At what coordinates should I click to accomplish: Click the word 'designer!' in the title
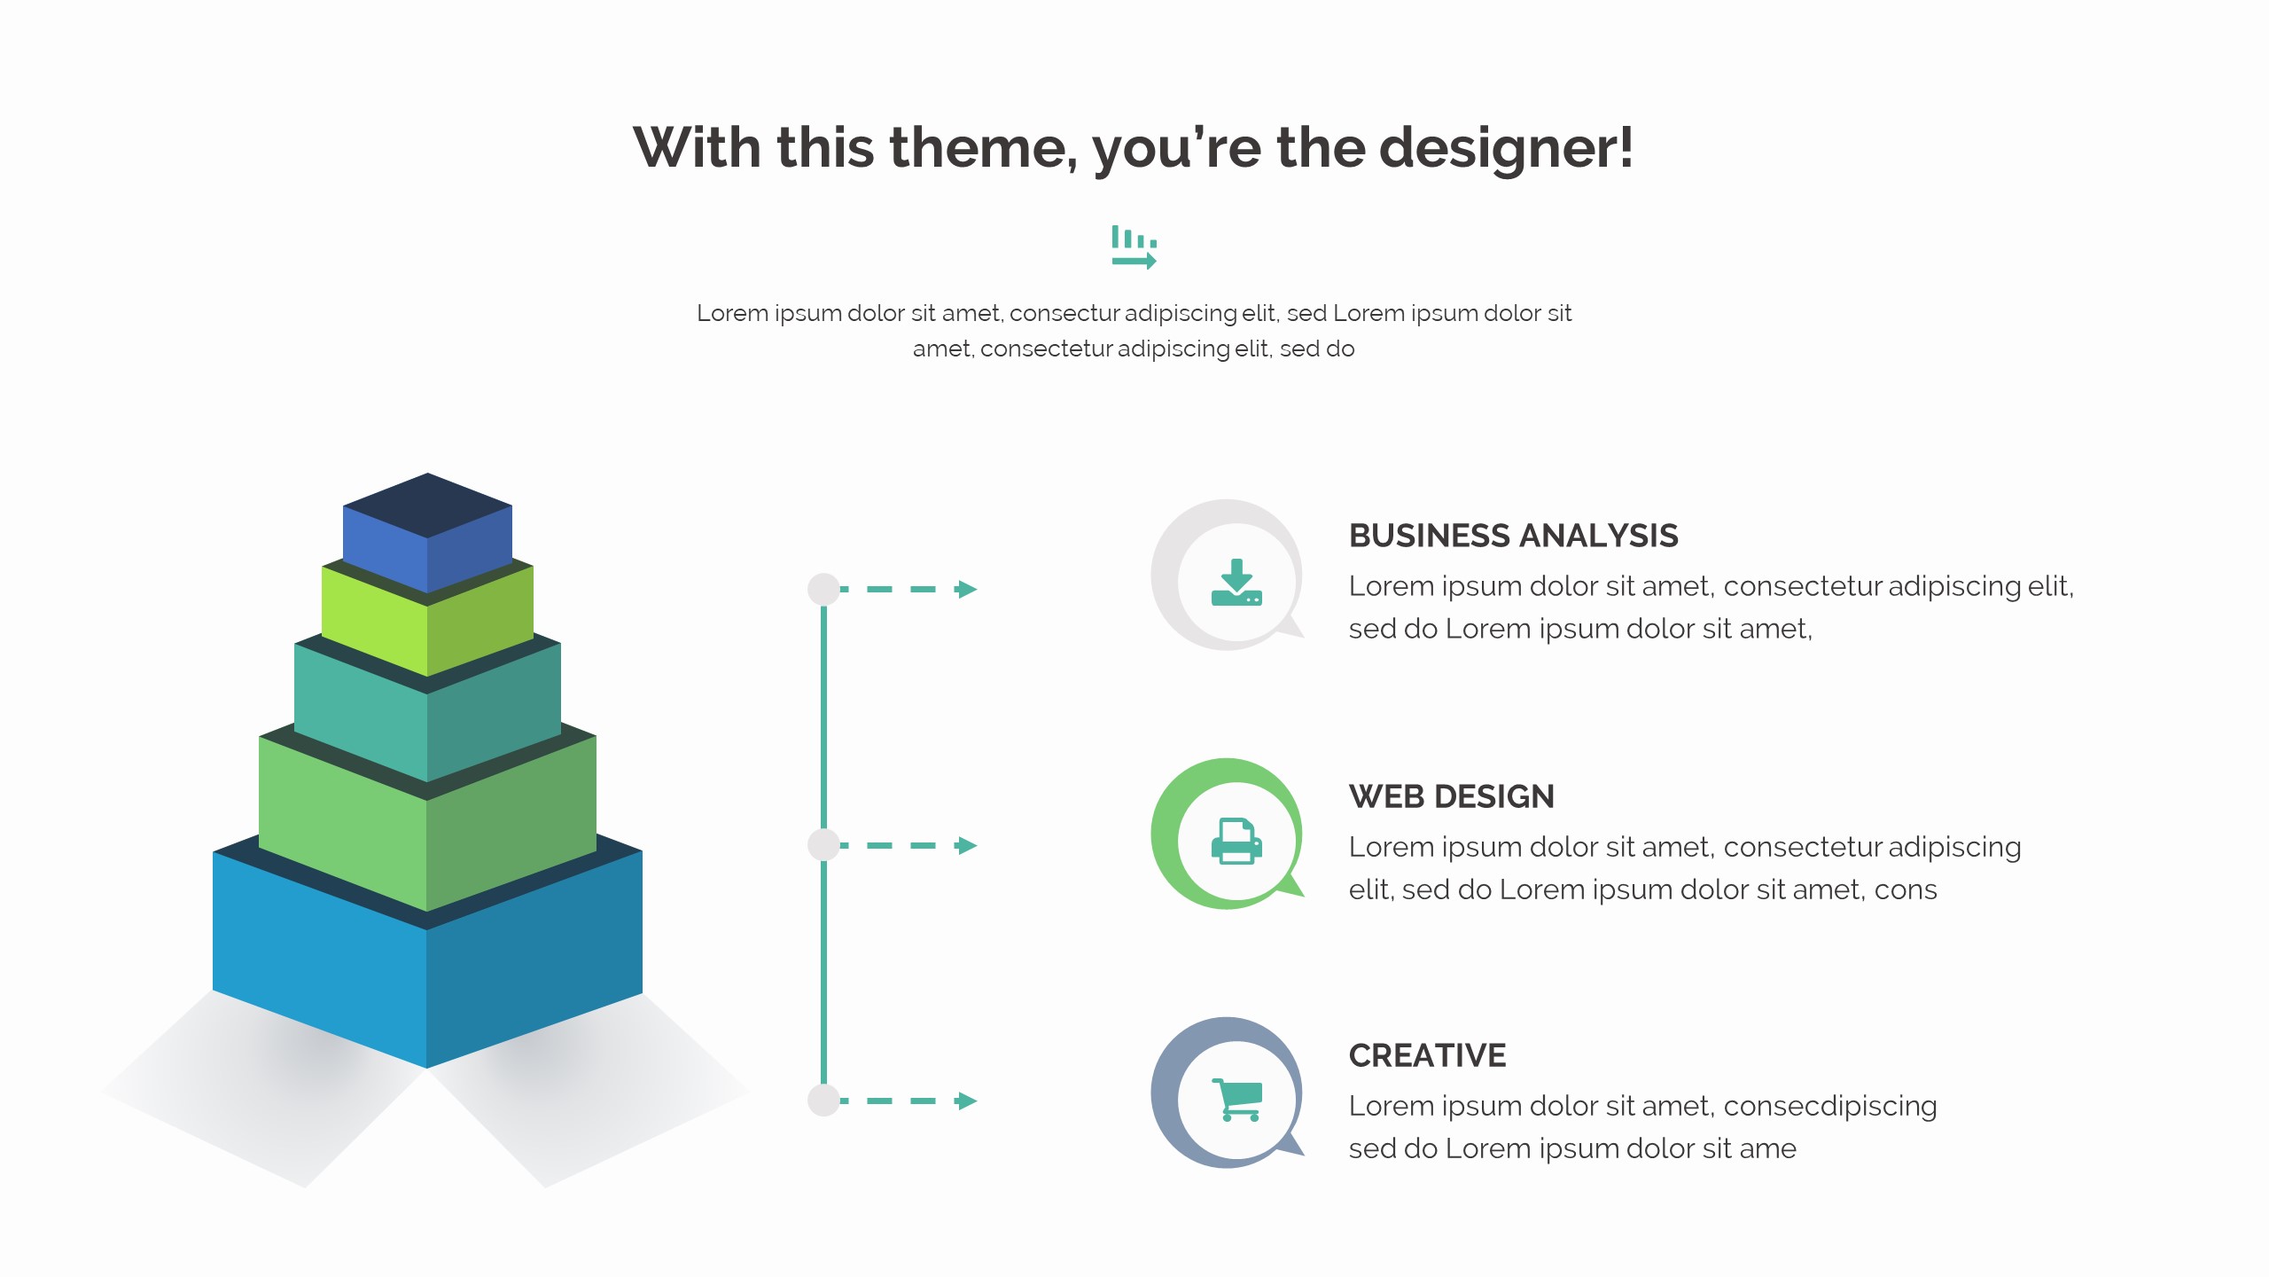pyautogui.click(x=1506, y=147)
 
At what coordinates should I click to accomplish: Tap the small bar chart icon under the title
pyautogui.click(x=1134, y=247)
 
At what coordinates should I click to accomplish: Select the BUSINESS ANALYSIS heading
pyautogui.click(x=1513, y=536)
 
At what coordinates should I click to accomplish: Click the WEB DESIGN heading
pyautogui.click(x=1451, y=796)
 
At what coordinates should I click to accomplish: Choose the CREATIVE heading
pyautogui.click(x=1427, y=1055)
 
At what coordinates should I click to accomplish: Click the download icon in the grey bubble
pyautogui.click(x=1236, y=583)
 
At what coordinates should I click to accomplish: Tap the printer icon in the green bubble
pyautogui.click(x=1236, y=841)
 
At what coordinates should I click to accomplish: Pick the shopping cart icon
pyautogui.click(x=1236, y=1100)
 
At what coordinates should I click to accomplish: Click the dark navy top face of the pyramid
pyautogui.click(x=427, y=505)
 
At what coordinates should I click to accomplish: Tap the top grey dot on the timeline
pyautogui.click(x=823, y=589)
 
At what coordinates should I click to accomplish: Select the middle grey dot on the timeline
pyautogui.click(x=823, y=845)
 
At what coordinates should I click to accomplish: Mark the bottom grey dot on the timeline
pyautogui.click(x=823, y=1101)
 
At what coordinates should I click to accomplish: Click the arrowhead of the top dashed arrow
pyautogui.click(x=967, y=589)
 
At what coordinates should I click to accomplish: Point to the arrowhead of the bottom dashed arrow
pyautogui.click(x=967, y=1101)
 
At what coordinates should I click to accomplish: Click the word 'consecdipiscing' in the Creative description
pyautogui.click(x=1829, y=1106)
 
